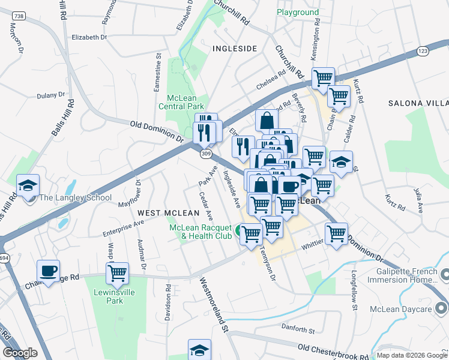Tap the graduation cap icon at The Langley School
click(x=28, y=187)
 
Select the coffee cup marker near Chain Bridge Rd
click(x=48, y=271)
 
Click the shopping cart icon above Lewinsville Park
click(x=118, y=274)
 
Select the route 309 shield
click(x=206, y=154)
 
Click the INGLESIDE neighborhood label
click(x=235, y=48)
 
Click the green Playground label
click(x=298, y=12)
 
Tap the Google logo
click(x=20, y=353)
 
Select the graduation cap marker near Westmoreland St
click(x=200, y=350)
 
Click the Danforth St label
click(x=298, y=330)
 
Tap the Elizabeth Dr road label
click(x=88, y=37)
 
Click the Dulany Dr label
click(x=50, y=95)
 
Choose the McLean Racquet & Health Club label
click(x=200, y=232)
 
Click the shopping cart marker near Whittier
click(x=336, y=234)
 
